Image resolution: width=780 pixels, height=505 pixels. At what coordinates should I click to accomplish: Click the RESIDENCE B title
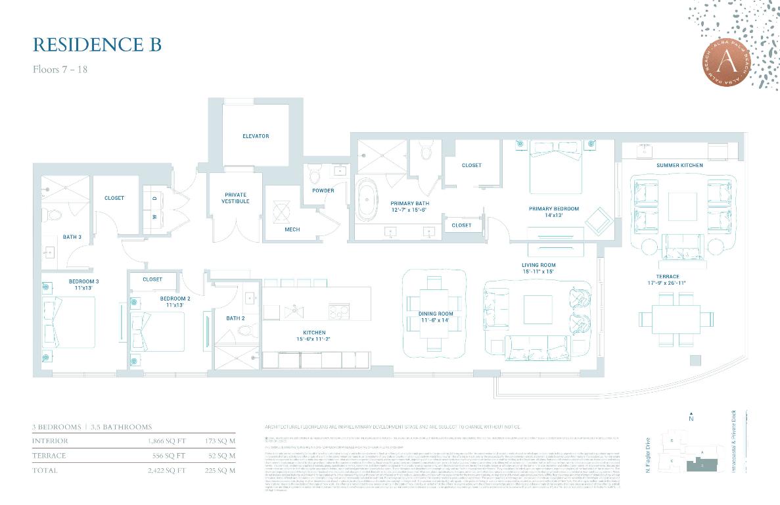[97, 44]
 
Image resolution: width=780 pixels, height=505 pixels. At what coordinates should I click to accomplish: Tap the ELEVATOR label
[256, 136]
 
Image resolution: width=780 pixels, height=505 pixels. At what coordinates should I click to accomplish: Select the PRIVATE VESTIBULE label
[235, 198]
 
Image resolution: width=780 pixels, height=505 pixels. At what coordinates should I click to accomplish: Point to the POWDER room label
[323, 191]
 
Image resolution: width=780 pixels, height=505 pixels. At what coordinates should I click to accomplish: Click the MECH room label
[292, 229]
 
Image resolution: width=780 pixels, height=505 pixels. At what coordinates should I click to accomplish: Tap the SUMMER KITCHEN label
[679, 165]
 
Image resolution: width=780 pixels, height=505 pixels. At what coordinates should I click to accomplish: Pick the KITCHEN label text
[314, 333]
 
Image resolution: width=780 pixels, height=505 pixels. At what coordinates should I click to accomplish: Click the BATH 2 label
[235, 318]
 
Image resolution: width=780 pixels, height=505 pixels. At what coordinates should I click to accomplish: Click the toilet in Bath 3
[55, 214]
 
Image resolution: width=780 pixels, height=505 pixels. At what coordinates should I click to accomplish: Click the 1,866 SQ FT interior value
[167, 441]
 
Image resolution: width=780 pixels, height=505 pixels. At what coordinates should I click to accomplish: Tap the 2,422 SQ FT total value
[167, 470]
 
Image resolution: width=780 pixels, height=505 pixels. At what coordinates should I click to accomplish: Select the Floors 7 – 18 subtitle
[60, 69]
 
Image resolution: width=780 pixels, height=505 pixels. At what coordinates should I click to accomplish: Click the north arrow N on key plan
[691, 418]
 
